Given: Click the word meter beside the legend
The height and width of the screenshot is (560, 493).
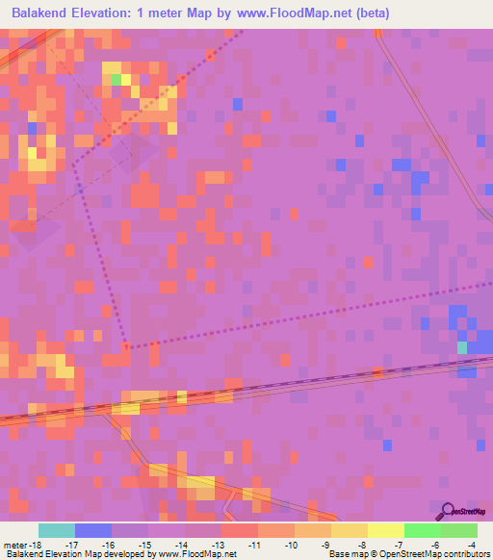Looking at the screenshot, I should pyautogui.click(x=13, y=545).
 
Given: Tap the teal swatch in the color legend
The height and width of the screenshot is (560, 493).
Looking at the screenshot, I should pyautogui.click(x=57, y=530).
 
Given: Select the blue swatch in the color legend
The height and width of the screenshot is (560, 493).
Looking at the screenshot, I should pyautogui.click(x=93, y=530).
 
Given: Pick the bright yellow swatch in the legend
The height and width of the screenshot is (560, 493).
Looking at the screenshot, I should pyautogui.click(x=386, y=530).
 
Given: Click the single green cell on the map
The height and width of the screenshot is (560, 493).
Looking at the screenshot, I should pyautogui.click(x=116, y=79).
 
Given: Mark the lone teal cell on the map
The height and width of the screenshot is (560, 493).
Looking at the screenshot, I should pyautogui.click(x=462, y=346).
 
